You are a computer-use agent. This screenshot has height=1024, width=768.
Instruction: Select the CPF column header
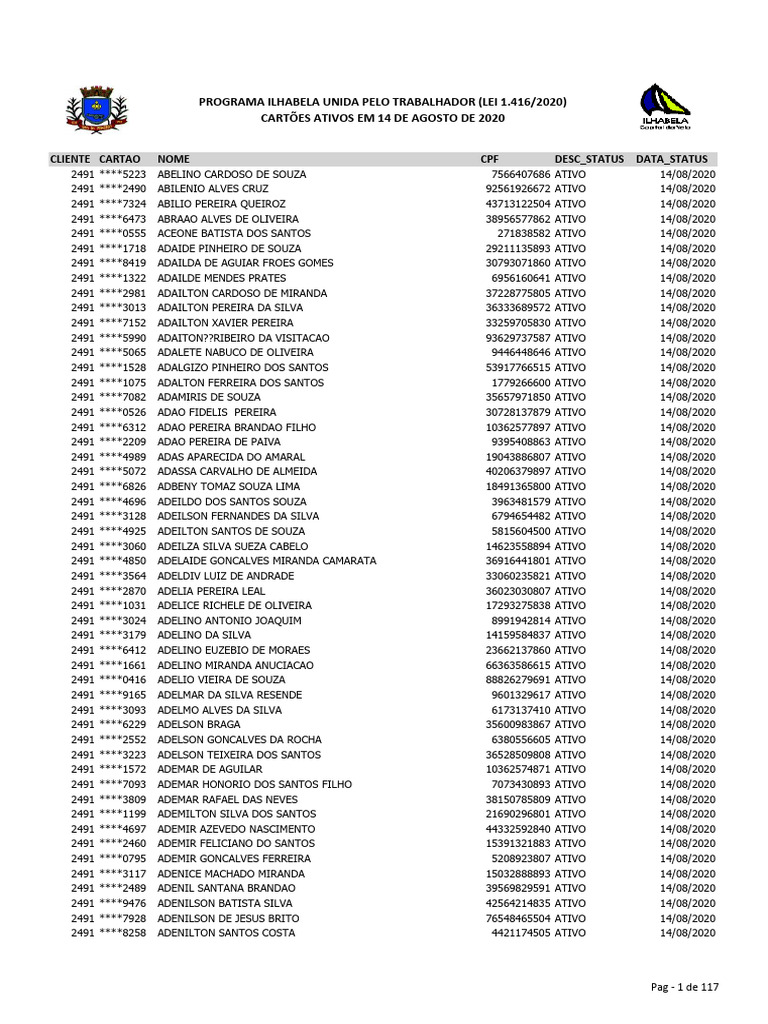[x=490, y=159]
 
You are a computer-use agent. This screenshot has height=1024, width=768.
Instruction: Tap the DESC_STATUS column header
[x=589, y=159]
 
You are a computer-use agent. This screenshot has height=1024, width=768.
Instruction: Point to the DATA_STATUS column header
[x=671, y=159]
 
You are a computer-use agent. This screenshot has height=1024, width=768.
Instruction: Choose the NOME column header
[x=173, y=159]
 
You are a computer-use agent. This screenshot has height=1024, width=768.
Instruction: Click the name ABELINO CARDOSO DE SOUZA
[x=232, y=174]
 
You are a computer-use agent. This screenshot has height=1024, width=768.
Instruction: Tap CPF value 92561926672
[x=518, y=189]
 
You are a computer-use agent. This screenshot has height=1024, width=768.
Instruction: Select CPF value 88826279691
[x=518, y=680]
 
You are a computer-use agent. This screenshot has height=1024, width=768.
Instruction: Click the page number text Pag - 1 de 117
[x=684, y=987]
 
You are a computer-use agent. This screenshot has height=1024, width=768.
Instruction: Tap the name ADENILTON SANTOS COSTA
[x=226, y=933]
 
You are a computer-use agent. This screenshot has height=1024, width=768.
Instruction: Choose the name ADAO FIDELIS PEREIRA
[x=217, y=412]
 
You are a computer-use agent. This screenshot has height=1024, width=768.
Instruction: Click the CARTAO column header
[x=120, y=159]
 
